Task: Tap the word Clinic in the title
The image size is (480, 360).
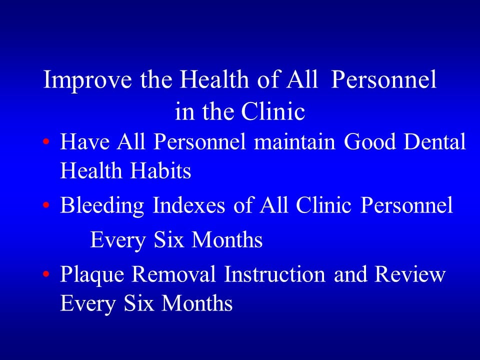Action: coord(273,112)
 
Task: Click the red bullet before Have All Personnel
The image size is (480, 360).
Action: coord(46,142)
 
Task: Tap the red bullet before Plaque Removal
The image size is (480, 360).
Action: coord(46,274)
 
